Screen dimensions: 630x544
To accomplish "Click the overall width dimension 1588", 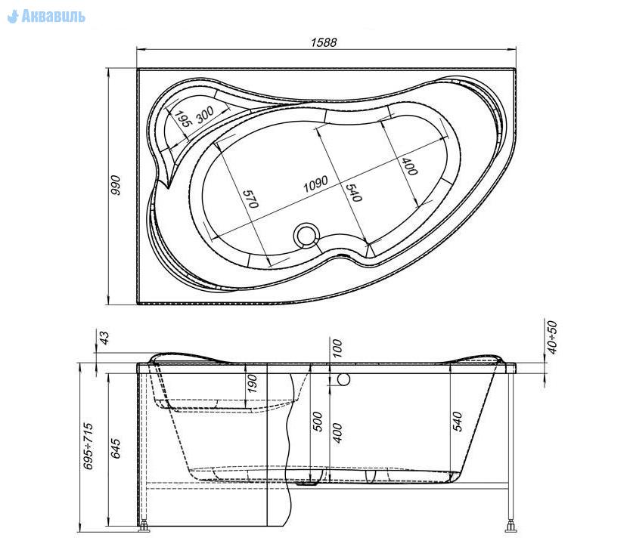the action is pyautogui.click(x=324, y=42).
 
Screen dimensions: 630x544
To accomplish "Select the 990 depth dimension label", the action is pyautogui.click(x=115, y=185).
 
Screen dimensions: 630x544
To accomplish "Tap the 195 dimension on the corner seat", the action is pyautogui.click(x=182, y=119).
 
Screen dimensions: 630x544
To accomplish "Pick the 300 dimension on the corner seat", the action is pyautogui.click(x=205, y=115).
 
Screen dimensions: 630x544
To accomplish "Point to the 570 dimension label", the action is pyautogui.click(x=250, y=199).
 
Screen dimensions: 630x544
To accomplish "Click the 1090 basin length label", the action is pyautogui.click(x=315, y=184).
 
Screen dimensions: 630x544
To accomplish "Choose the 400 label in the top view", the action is pyautogui.click(x=409, y=166).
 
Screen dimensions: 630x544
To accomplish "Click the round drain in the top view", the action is pyautogui.click(x=306, y=235).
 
